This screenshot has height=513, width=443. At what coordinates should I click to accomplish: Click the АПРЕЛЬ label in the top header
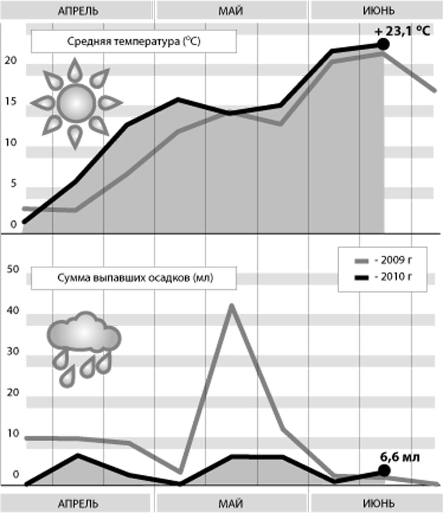[78, 10]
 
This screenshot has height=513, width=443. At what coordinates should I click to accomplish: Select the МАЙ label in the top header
[231, 10]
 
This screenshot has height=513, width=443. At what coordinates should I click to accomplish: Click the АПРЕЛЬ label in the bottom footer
[78, 504]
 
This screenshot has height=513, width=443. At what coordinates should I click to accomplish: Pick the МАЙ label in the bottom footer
[231, 504]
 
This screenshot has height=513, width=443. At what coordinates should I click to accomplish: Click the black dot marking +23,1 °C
[383, 44]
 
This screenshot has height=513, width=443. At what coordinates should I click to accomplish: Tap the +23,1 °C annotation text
[402, 32]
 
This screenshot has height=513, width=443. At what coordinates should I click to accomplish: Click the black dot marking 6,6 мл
[384, 471]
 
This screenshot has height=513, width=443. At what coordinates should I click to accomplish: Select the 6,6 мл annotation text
[400, 457]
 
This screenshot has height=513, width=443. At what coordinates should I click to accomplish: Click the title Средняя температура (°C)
[134, 42]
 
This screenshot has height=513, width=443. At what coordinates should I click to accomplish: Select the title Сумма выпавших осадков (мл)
[135, 278]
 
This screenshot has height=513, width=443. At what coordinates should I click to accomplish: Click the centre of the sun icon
[76, 103]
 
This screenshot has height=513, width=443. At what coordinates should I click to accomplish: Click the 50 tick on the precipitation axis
[13, 269]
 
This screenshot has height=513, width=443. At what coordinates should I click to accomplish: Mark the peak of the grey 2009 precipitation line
[231, 306]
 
